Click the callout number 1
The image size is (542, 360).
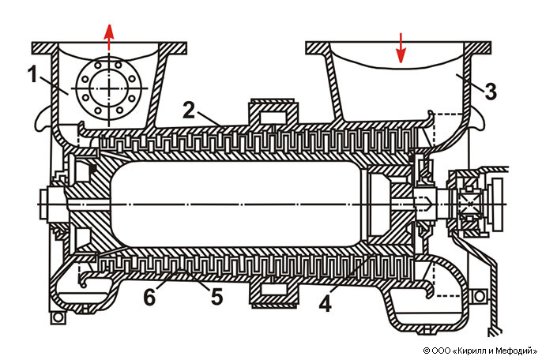(x=32, y=75)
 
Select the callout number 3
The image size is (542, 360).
(x=491, y=91)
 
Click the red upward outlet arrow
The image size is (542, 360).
(x=109, y=36)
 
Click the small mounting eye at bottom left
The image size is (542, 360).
(x=56, y=318)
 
